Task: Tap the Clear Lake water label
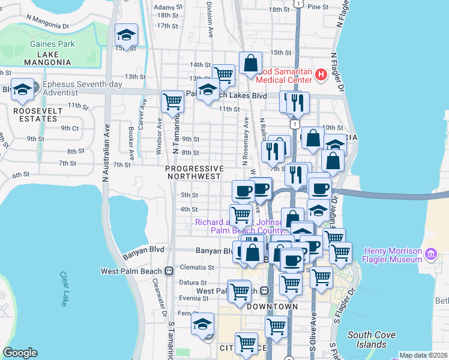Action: pos(64,289)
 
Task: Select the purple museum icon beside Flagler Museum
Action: pos(430,255)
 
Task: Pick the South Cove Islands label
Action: pos(367,340)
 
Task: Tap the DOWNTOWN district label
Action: pos(272,307)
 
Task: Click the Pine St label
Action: pos(318,7)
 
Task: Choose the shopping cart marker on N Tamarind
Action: pos(173,101)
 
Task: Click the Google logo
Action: pos(20,353)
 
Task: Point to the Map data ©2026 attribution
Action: pos(423,355)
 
